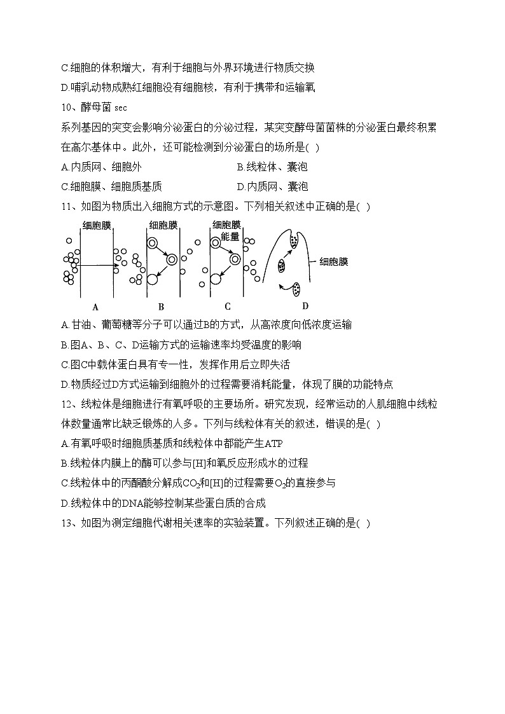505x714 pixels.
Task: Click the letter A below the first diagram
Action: click(95, 306)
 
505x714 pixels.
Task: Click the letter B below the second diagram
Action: click(161, 306)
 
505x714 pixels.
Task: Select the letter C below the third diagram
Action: click(227, 306)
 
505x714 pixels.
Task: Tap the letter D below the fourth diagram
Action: click(305, 306)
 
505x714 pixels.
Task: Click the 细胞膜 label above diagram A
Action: click(97, 225)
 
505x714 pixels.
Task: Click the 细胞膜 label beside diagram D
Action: click(333, 261)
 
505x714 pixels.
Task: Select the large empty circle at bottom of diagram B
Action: click(152, 278)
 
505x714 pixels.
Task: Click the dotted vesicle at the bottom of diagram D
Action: click(296, 291)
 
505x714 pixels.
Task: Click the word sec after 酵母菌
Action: click(121, 108)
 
